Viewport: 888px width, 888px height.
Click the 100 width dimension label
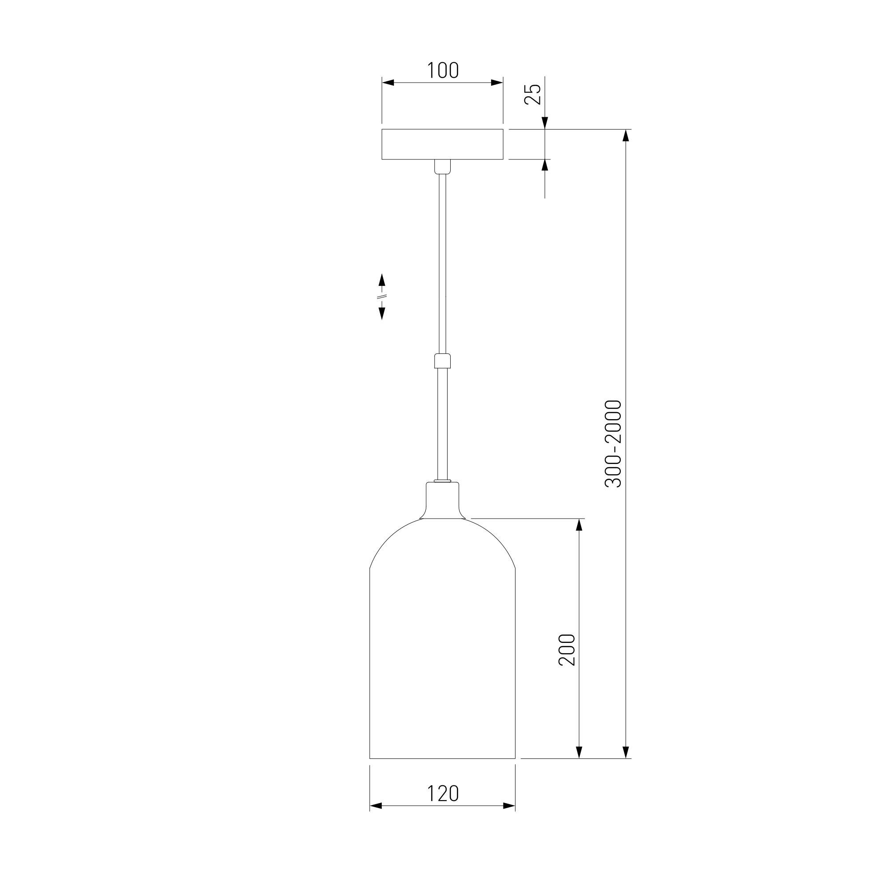click(443, 70)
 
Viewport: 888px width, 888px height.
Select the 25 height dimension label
click(533, 95)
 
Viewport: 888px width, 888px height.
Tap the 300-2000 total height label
click(613, 444)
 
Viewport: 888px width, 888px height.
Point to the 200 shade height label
click(567, 650)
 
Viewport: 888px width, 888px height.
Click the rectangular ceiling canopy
click(442, 144)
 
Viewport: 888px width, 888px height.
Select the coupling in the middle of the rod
click(442, 361)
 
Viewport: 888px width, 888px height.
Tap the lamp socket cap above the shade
click(443, 500)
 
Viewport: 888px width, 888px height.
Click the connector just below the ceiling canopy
click(443, 167)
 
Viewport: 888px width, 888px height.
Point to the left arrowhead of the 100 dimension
click(388, 83)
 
